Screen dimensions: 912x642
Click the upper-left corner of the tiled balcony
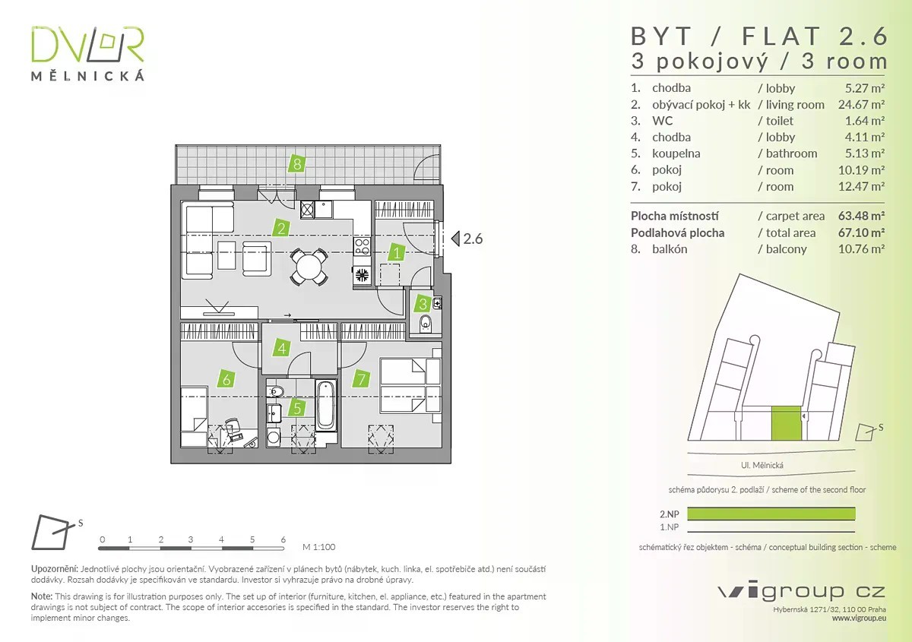click(176, 145)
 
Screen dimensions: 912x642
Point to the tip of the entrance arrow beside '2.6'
click(452, 239)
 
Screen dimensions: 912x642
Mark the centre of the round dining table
click(309, 267)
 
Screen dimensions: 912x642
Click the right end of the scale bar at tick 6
click(283, 549)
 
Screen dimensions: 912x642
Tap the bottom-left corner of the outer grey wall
click(171, 463)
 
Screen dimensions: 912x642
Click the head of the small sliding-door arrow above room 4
click(290, 315)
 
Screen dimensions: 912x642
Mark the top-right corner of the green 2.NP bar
click(855, 508)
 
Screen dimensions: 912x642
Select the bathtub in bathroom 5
click(326, 406)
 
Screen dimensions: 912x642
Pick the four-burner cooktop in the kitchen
click(362, 246)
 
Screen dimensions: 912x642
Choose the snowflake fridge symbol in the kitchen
click(362, 275)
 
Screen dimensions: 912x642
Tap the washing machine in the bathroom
click(273, 437)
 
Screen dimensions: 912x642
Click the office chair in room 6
click(233, 429)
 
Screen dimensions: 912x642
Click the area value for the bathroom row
click(864, 153)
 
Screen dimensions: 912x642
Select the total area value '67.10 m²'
click(861, 232)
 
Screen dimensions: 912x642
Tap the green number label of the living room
click(281, 229)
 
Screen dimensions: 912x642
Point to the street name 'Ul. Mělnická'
click(762, 465)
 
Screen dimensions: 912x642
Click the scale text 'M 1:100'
click(318, 547)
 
